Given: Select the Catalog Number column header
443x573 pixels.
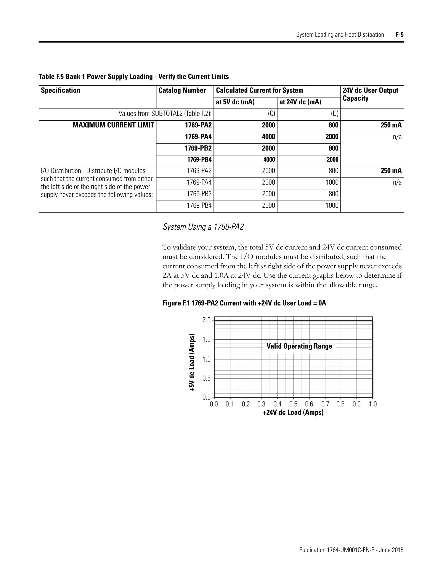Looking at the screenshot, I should click(182, 91).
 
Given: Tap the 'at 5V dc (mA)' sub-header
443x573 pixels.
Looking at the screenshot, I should click(235, 102).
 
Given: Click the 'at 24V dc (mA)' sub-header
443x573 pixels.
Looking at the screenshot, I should click(300, 102).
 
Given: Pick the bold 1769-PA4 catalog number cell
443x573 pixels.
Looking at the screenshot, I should click(198, 137).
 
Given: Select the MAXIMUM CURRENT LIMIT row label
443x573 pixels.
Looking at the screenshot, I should click(113, 125).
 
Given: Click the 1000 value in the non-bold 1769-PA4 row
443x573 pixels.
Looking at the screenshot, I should click(332, 182).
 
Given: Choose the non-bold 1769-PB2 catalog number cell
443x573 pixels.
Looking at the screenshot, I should click(199, 194).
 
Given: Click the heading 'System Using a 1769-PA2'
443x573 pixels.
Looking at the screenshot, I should click(203, 227).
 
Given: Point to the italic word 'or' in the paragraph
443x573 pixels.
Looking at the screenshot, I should click(263, 266).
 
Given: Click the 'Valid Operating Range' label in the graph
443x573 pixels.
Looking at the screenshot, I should click(299, 346).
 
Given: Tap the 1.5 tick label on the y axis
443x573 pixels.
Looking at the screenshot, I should click(207, 340).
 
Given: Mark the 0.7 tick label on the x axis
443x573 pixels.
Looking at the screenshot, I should click(325, 404).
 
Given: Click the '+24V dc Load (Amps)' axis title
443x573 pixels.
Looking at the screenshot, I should click(293, 412).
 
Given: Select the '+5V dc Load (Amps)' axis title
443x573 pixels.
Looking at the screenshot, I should click(192, 362).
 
